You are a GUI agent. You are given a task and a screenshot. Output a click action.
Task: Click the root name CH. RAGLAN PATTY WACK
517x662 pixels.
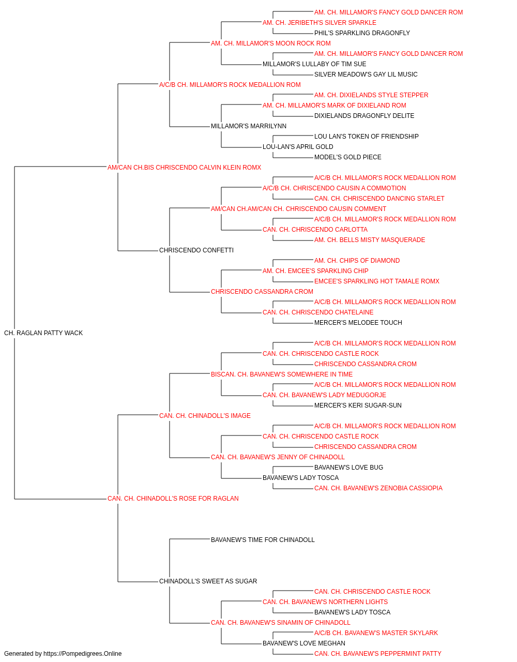pos(43,333)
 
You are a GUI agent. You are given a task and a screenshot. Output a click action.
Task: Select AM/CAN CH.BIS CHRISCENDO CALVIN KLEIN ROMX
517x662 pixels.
pos(184,168)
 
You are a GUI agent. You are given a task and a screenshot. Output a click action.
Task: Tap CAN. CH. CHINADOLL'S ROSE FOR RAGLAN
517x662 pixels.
pos(173,499)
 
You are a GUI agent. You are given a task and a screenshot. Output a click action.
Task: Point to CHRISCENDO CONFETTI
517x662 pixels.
pos(196,250)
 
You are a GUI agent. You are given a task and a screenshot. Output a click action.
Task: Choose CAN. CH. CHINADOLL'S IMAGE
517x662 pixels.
pos(205,416)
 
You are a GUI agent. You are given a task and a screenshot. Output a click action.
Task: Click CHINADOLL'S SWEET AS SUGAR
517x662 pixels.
pos(208,581)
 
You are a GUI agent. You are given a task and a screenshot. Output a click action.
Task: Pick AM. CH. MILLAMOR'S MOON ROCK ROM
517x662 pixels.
pos(271,43)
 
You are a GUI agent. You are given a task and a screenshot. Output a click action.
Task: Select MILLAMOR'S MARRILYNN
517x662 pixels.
pos(249,126)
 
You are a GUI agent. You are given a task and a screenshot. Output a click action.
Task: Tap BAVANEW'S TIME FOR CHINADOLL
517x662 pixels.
pos(263,540)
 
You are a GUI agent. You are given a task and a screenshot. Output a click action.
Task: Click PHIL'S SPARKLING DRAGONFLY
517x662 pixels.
pos(362,33)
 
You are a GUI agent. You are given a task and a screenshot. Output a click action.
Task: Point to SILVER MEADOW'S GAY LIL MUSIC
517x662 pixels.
pos(366,74)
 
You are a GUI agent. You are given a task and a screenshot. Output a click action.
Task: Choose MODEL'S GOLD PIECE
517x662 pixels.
pos(348,157)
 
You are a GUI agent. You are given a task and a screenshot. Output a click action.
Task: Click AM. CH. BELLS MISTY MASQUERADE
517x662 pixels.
pos(370,240)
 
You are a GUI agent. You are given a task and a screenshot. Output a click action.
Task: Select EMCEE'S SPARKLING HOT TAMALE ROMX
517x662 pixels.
pos(377,281)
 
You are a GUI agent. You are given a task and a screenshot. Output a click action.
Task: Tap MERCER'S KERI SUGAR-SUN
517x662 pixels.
pos(358,405)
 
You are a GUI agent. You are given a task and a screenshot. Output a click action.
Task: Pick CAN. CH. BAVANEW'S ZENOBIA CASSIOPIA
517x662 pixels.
pos(378,488)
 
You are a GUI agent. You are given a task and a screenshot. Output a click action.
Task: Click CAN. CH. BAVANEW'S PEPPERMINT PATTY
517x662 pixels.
pos(377,654)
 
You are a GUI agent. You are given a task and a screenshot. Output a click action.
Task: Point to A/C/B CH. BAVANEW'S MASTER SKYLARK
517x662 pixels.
pos(376,633)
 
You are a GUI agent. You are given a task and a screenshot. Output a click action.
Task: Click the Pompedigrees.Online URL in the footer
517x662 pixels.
pos(83,654)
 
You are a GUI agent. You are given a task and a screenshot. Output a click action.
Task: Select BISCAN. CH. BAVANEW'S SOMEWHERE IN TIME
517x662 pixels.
pos(282,374)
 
